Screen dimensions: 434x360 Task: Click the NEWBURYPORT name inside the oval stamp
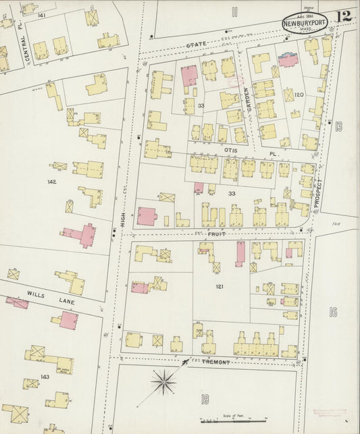[305, 22]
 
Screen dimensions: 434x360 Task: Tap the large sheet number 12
[344, 16]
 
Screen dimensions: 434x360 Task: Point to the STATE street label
[195, 44]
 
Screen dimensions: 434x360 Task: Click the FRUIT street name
[217, 234]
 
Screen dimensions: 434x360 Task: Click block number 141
[42, 14]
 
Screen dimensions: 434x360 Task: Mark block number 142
[52, 182]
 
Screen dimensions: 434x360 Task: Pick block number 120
[299, 96]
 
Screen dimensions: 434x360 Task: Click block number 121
[220, 287]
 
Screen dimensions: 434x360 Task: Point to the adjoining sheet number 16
[332, 312]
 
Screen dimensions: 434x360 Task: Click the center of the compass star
[163, 384]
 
